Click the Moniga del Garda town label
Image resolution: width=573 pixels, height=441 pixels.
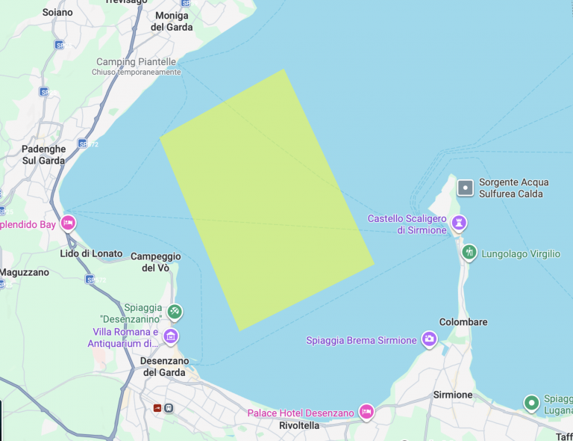pos(172,21)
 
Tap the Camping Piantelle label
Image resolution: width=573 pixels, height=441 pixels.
pos(137,62)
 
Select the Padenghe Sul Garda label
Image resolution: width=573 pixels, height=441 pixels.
pos(43,155)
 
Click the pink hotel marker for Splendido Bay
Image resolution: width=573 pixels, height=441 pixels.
pos(68,223)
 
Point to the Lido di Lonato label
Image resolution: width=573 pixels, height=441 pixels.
pos(92,253)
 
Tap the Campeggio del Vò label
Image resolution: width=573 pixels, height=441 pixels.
pos(156,262)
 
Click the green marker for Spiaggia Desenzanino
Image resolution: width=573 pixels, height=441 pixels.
pos(174,311)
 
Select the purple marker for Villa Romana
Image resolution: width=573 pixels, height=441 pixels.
pos(171,336)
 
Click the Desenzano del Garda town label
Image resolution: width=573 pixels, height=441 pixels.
pos(163,366)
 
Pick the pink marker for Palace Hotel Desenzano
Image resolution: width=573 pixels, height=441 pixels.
pos(366,411)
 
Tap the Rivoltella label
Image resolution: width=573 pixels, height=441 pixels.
pos(298,425)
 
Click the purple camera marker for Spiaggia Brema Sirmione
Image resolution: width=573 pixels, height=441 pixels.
pos(429,339)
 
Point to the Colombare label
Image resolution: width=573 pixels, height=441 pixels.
pos(463,322)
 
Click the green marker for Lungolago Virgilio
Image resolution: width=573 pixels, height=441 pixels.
pos(469,253)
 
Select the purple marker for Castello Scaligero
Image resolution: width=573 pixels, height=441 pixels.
pos(460,222)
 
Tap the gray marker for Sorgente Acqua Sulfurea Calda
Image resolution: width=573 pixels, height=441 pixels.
pos(466,188)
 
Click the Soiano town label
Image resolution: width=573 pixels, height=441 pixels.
pos(57,12)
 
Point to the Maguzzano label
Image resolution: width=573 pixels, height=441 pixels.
pos(24,272)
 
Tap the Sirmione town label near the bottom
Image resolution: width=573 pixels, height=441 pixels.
pos(453,395)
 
